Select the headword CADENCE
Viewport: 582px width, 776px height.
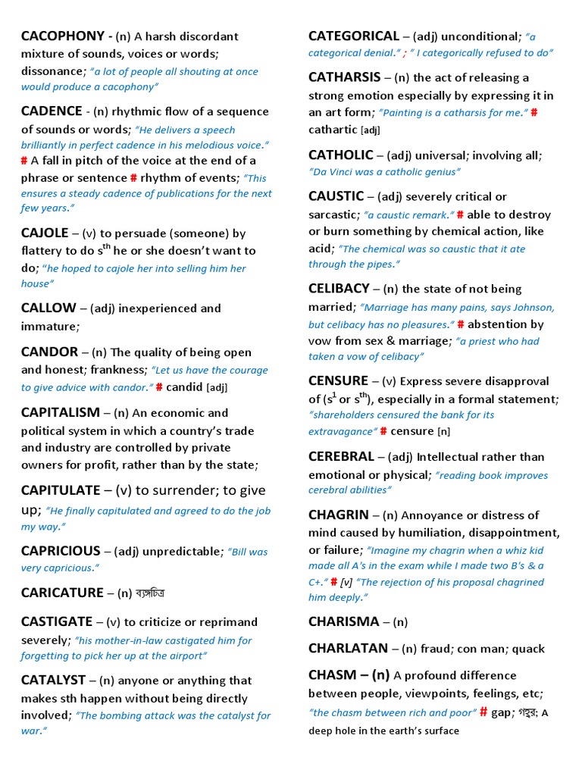point(52,111)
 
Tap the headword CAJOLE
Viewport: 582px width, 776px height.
point(45,233)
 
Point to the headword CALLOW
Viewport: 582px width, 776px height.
point(48,308)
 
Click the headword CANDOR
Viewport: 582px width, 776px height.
point(49,352)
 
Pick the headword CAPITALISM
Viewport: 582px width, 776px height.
point(61,413)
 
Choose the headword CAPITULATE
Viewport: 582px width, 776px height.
point(61,490)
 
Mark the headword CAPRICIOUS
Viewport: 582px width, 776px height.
point(61,551)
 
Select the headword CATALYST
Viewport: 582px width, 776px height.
point(53,681)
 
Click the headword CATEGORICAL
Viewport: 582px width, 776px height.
point(354,36)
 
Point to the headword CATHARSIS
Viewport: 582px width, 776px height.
point(345,77)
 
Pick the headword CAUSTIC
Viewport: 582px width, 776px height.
point(336,196)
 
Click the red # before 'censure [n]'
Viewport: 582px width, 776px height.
point(383,431)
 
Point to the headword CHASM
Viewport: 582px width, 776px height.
point(332,675)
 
